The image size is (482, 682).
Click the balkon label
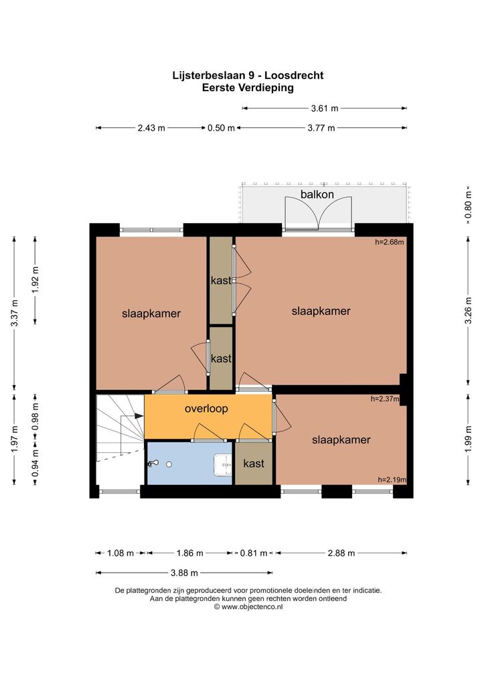pos(317,194)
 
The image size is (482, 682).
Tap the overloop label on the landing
pos(206,409)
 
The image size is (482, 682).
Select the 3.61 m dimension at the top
pos(324,109)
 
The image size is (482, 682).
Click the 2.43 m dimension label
pos(151,128)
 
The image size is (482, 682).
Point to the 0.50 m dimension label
pos(221,128)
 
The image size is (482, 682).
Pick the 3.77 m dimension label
pos(321,128)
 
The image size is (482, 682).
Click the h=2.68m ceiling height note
pos(390,243)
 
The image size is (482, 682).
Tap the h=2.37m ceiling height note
pos(385,399)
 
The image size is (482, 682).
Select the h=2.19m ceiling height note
pos(392,480)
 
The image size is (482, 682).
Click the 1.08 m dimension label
pos(120,553)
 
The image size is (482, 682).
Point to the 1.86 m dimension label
pos(189,553)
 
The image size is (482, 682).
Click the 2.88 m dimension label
pos(341,553)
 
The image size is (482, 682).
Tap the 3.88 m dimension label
pos(184,573)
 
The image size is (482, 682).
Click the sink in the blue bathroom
pos(223,465)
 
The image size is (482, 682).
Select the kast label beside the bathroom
pos(254,464)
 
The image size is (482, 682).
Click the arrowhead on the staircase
pos(139,416)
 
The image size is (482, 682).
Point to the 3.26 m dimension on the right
pos(468,311)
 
